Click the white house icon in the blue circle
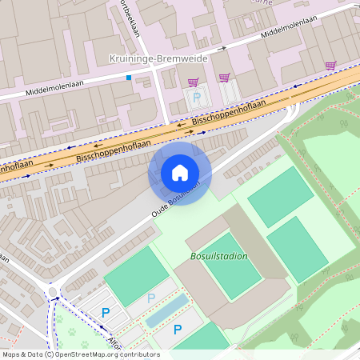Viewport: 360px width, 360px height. point(180,173)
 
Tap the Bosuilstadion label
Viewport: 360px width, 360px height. point(219,256)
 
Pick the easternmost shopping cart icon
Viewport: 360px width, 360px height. point(330,65)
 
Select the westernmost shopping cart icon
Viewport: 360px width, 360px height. point(193,82)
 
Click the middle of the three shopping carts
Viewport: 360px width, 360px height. point(225,78)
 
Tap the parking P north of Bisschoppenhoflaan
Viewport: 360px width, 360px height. point(198,97)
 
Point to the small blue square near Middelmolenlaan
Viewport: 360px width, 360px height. point(128,78)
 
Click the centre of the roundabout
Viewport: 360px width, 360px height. point(54,293)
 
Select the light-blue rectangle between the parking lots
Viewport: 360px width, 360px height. point(167,310)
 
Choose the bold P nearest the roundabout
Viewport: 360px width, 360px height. point(105,313)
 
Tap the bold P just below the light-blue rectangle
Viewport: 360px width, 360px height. point(178,329)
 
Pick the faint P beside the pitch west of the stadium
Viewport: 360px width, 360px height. point(151,298)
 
